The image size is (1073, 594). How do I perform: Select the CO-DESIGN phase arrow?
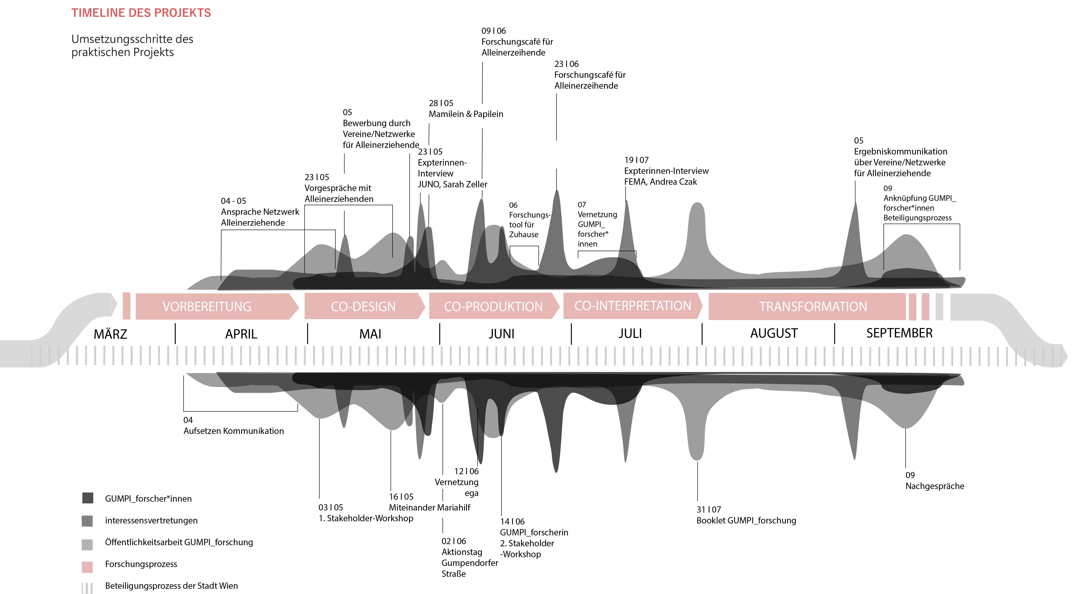[x=363, y=306]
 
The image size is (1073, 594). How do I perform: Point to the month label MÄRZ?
[x=110, y=334]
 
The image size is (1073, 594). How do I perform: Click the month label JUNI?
[x=501, y=334]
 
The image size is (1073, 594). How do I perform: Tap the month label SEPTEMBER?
[x=899, y=333]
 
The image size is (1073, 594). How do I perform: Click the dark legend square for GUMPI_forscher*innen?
[x=87, y=498]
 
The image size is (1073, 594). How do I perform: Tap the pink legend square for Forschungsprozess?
[x=87, y=567]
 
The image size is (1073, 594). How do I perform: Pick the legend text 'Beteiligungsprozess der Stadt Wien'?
[x=171, y=586]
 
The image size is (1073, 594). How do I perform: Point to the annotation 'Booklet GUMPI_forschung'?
[x=746, y=520]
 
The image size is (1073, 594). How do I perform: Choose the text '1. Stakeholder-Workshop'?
[x=366, y=518]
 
